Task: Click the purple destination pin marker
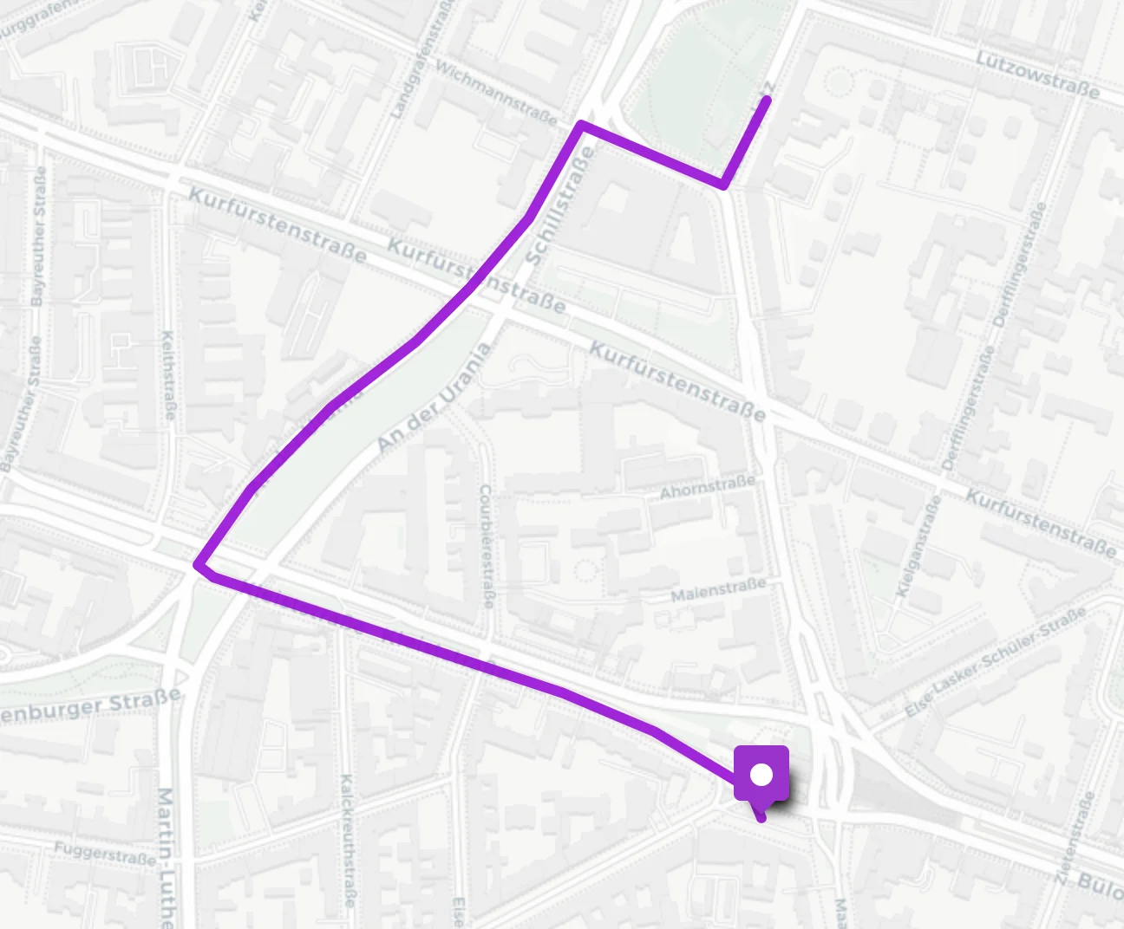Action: coord(761,774)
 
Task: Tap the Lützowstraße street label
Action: coord(1036,74)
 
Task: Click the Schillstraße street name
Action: coord(560,206)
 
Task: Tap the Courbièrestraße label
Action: coord(486,546)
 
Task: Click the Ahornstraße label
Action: coord(707,488)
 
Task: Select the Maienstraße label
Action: coord(718,590)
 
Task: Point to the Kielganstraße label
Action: coord(918,548)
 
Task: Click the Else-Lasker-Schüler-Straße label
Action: coord(995,663)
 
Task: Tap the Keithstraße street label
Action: coord(168,374)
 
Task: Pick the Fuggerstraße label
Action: coord(104,854)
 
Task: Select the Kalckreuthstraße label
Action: coord(347,841)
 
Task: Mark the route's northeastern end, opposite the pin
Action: coord(767,101)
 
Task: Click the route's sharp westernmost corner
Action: coord(199,564)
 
